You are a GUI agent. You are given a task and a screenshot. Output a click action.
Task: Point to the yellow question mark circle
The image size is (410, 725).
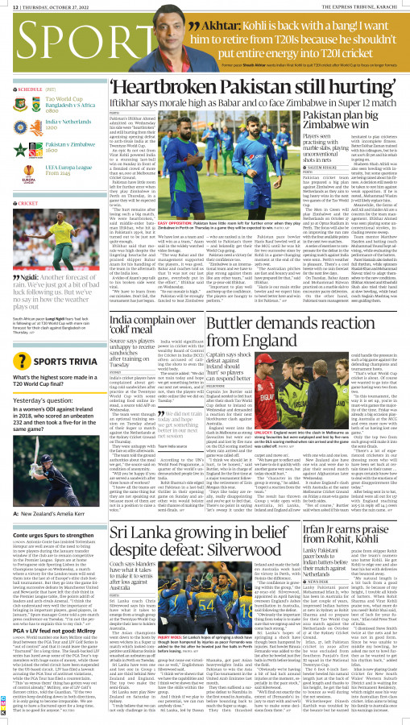click(x=19, y=379)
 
